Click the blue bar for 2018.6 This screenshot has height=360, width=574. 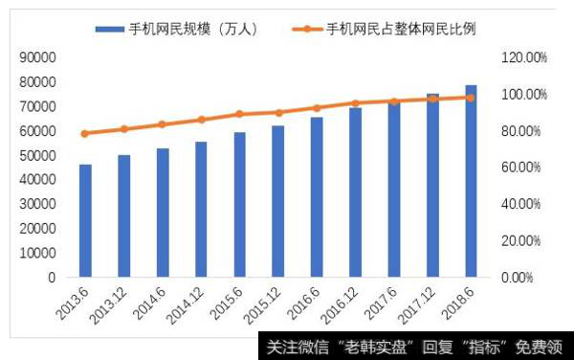tap(471, 181)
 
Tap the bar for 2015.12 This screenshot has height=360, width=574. tap(278, 201)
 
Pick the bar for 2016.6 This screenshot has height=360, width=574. tap(317, 197)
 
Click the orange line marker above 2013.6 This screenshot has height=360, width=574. tap(86, 133)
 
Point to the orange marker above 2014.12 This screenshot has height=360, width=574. tap(201, 120)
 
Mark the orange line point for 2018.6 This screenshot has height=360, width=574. tap(471, 98)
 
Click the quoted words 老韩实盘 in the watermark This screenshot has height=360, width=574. tap(379, 347)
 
